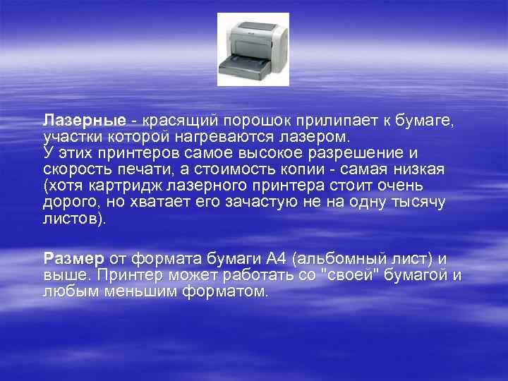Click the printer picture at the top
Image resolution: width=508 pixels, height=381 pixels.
[x=253, y=49]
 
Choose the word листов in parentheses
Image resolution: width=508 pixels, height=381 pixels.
[x=70, y=219]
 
